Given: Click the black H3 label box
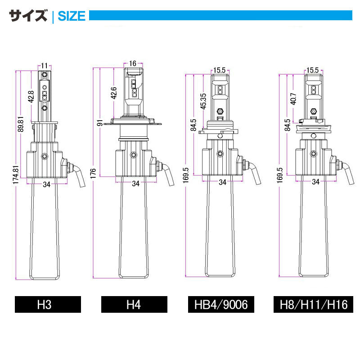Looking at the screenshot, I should (48, 305).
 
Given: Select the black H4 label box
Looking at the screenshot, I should (134, 305).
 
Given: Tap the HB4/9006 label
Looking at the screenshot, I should (221, 305).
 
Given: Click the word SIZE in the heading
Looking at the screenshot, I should (72, 16).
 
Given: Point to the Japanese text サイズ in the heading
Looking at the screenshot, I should (28, 16).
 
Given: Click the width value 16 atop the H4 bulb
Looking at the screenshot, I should (132, 63).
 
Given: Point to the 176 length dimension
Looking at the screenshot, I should (94, 172).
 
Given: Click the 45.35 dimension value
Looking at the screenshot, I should (203, 101).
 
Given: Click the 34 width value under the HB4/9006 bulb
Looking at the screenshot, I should (222, 182).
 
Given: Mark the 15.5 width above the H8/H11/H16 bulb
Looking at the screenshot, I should (312, 70).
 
